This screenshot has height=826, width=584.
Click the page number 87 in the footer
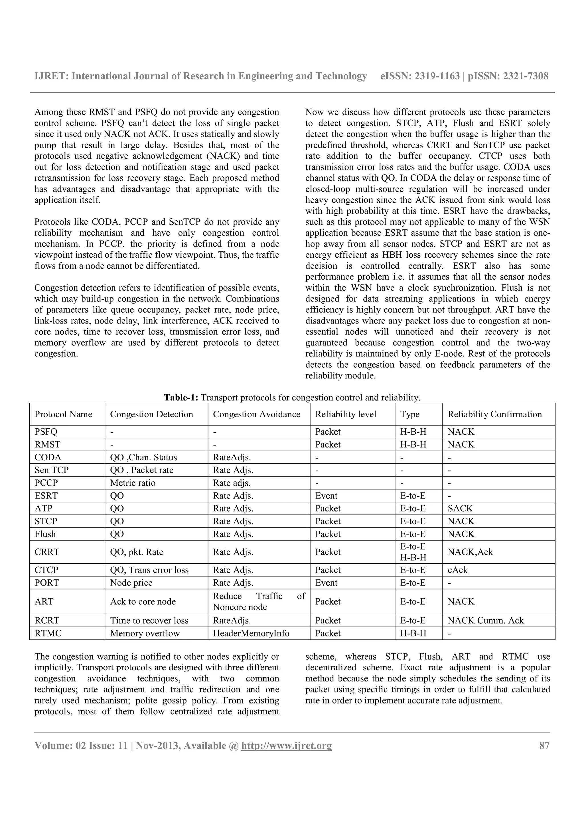click(544, 745)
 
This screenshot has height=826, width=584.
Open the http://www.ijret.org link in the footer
click(286, 745)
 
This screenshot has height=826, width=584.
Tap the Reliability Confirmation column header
click(494, 414)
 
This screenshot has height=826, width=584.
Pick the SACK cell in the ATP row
click(460, 508)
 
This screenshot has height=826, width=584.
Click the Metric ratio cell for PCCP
click(133, 483)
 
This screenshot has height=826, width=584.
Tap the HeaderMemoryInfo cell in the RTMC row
click(251, 633)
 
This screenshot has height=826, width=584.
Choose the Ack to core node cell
click(143, 601)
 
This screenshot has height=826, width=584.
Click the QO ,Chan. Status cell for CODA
click(143, 457)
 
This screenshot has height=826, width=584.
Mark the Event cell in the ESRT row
click(327, 496)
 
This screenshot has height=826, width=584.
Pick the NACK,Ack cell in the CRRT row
click(470, 552)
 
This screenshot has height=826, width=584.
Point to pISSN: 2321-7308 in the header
click(508, 76)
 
